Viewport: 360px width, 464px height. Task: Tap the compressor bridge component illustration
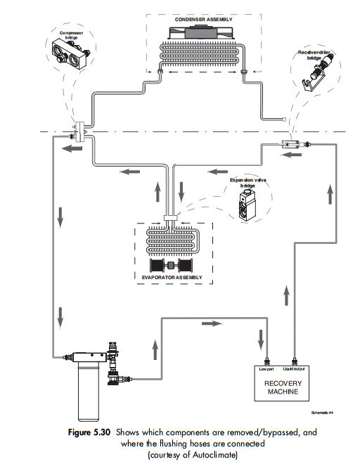(x=70, y=51)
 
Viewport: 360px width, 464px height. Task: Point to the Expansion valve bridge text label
(x=243, y=183)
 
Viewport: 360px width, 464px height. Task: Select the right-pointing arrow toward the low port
(x=210, y=323)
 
